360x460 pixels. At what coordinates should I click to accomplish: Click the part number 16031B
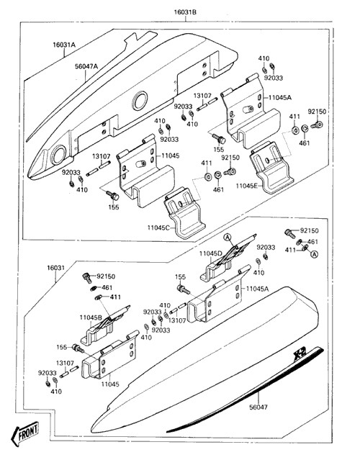[x=185, y=12]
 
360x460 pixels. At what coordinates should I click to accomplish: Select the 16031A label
[x=64, y=45]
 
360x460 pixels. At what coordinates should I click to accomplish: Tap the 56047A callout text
[x=86, y=66]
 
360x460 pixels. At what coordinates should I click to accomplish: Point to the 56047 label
[x=258, y=407]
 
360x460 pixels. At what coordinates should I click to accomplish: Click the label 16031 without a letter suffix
[x=55, y=268]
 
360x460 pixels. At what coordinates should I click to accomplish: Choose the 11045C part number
[x=158, y=227]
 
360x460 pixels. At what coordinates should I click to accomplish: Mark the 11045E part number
[x=248, y=186]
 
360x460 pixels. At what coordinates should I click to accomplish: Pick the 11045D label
[x=211, y=253]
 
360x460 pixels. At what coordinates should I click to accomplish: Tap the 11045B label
[x=91, y=317]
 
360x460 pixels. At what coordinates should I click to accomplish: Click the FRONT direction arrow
[x=25, y=433]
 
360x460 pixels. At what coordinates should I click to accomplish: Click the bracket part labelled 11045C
[x=184, y=212]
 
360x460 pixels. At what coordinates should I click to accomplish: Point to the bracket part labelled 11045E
[x=271, y=167]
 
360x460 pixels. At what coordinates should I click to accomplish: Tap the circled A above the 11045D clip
[x=228, y=238]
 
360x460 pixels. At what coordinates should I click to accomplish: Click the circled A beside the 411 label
[x=315, y=254]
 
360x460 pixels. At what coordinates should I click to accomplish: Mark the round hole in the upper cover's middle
[x=140, y=100]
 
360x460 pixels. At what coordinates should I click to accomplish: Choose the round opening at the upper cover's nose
[x=58, y=155]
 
